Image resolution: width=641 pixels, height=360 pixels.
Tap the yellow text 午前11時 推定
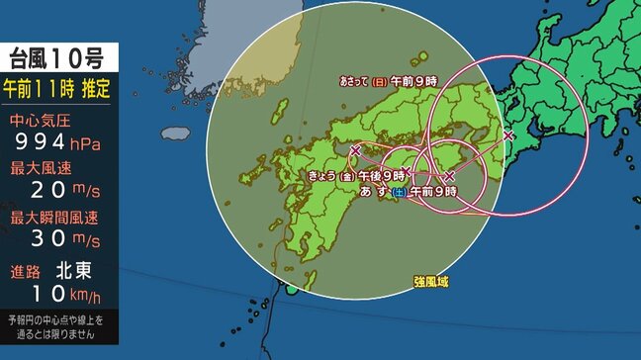coord(59,90)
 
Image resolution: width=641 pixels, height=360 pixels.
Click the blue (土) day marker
coord(398,190)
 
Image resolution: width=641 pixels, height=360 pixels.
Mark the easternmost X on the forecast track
coord(508,135)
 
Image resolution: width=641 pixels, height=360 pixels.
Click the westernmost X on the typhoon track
coord(355,149)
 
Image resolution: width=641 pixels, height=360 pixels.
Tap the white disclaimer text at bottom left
coord(59,327)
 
